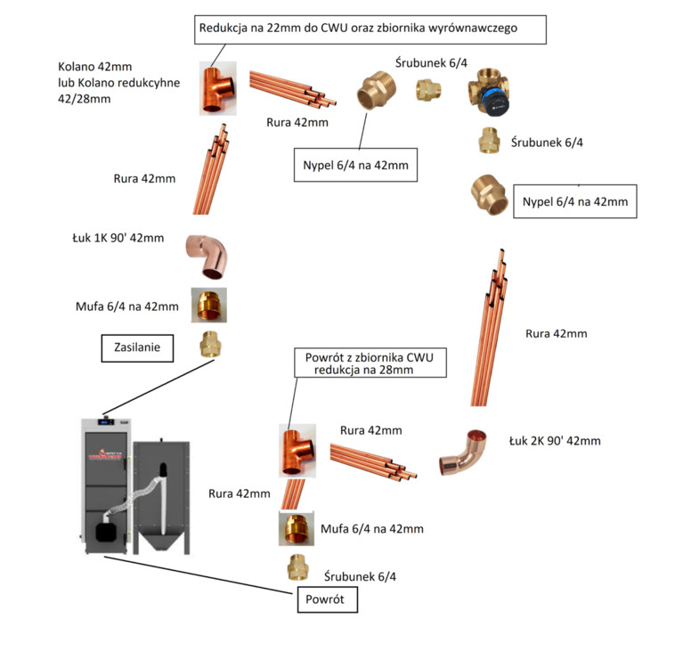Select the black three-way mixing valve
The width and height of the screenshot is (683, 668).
(488, 92)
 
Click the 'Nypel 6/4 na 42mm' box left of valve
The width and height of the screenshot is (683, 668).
(355, 165)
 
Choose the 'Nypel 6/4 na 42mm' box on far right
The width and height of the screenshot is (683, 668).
(575, 202)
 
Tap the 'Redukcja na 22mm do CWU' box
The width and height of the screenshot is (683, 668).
(370, 29)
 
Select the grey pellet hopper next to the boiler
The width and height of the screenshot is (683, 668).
(163, 494)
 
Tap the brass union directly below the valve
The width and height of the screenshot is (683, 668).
(489, 140)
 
